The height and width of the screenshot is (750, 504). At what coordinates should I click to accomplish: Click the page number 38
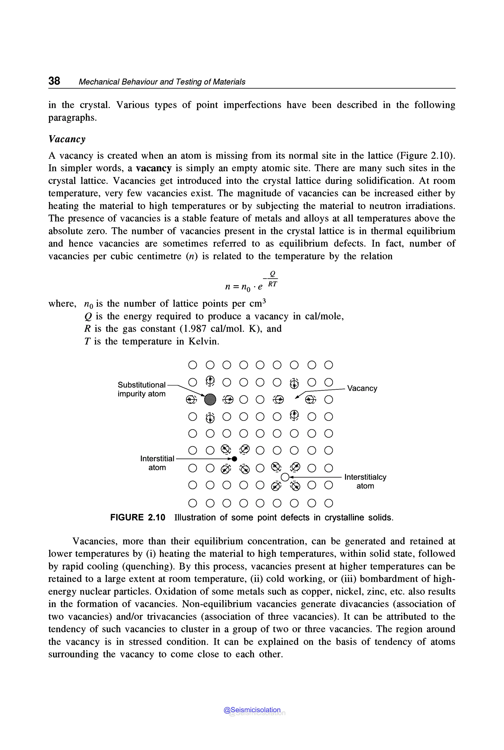coord(54,81)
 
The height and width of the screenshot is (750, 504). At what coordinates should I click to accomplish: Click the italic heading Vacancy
coord(67,139)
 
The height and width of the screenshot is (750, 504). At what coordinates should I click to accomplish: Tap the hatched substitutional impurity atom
coord(210,399)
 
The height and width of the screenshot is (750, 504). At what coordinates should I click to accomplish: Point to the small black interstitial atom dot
coord(234,459)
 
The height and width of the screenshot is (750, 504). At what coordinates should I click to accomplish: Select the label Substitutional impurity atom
coord(142,389)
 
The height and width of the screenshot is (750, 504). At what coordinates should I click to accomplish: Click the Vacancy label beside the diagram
coord(362,388)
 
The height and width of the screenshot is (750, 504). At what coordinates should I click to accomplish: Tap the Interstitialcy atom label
coord(365,481)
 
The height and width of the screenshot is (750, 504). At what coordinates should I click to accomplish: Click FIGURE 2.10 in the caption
coord(138,517)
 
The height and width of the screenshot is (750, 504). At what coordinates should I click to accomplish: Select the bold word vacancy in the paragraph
coord(154,168)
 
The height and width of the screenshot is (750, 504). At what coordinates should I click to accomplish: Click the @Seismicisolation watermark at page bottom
coord(252,710)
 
